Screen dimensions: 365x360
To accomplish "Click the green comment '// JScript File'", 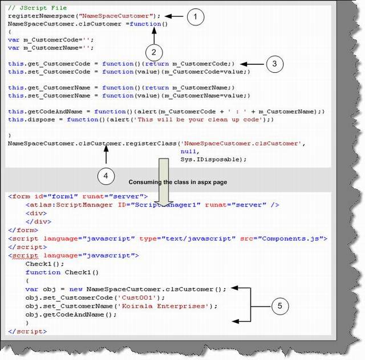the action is (x=38, y=8).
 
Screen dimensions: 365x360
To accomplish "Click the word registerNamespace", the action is (x=42, y=16).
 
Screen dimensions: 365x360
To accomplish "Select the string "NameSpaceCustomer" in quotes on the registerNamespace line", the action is (x=117, y=16).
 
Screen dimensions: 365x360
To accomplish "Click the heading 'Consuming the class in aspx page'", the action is (x=178, y=182).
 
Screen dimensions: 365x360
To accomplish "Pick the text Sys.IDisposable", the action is (x=212, y=159).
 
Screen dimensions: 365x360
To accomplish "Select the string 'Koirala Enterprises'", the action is (x=164, y=306).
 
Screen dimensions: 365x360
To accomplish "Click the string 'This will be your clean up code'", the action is (x=199, y=120).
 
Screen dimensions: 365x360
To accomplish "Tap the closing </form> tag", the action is (x=23, y=230).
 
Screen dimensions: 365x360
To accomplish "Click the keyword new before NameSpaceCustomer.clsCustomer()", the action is (x=76, y=289).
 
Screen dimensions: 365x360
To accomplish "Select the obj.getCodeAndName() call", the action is (x=71, y=314).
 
